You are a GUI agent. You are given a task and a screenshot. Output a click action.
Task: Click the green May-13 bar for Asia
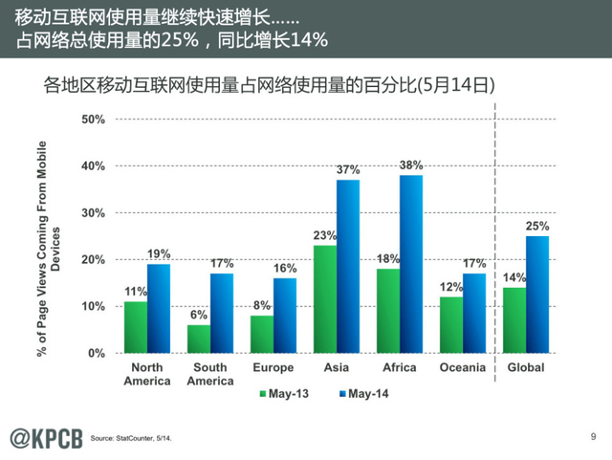(x=324, y=299)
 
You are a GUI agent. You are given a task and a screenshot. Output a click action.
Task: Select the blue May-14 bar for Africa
(x=411, y=264)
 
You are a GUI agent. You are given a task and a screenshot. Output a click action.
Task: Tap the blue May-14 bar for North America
(x=160, y=308)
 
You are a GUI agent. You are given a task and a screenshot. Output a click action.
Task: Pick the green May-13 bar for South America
(x=199, y=339)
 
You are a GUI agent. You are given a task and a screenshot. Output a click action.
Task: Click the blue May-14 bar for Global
(x=539, y=295)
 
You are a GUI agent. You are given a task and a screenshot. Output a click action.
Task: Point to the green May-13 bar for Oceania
(x=452, y=325)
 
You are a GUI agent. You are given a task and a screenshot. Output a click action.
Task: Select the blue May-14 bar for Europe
(x=285, y=316)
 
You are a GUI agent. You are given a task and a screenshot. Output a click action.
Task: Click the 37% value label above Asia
(x=348, y=170)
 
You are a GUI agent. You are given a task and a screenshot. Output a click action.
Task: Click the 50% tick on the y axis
(x=94, y=120)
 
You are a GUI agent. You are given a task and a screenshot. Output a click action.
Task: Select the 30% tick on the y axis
(x=94, y=213)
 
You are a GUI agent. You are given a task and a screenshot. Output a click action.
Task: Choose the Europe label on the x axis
(x=273, y=368)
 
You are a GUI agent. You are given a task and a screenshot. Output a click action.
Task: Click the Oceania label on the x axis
(x=463, y=368)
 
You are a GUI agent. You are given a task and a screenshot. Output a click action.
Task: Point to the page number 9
(x=594, y=436)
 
